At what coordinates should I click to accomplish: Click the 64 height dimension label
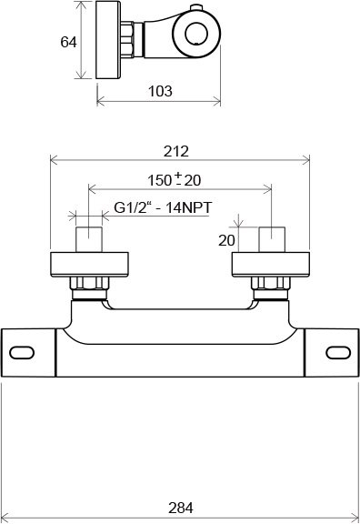(x=68, y=42)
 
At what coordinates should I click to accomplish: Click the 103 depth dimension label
(x=160, y=91)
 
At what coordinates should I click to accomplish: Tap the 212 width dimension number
(x=176, y=151)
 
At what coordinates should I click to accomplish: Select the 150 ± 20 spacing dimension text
(x=175, y=179)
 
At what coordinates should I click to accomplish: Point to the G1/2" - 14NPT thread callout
(x=163, y=207)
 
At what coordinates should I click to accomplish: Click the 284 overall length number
(x=181, y=508)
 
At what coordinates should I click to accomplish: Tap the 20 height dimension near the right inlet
(x=226, y=240)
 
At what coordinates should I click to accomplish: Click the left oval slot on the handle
(x=22, y=353)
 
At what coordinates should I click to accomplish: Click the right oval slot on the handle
(x=338, y=353)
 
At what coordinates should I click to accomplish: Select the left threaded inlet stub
(x=89, y=239)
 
